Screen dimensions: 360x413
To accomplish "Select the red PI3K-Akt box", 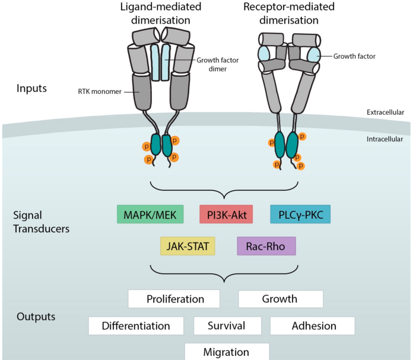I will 226,214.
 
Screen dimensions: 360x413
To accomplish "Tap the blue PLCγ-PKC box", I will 300,214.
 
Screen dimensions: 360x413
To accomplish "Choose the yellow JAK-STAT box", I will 187,246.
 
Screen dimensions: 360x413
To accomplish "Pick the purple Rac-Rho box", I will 266,246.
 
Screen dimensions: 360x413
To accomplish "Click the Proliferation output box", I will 174,299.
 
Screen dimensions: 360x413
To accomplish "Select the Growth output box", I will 280,299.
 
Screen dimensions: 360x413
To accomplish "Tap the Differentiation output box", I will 136,326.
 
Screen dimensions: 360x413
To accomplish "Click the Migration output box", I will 227,351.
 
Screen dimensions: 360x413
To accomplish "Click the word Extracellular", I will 386,112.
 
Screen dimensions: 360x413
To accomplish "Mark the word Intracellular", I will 386,139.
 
